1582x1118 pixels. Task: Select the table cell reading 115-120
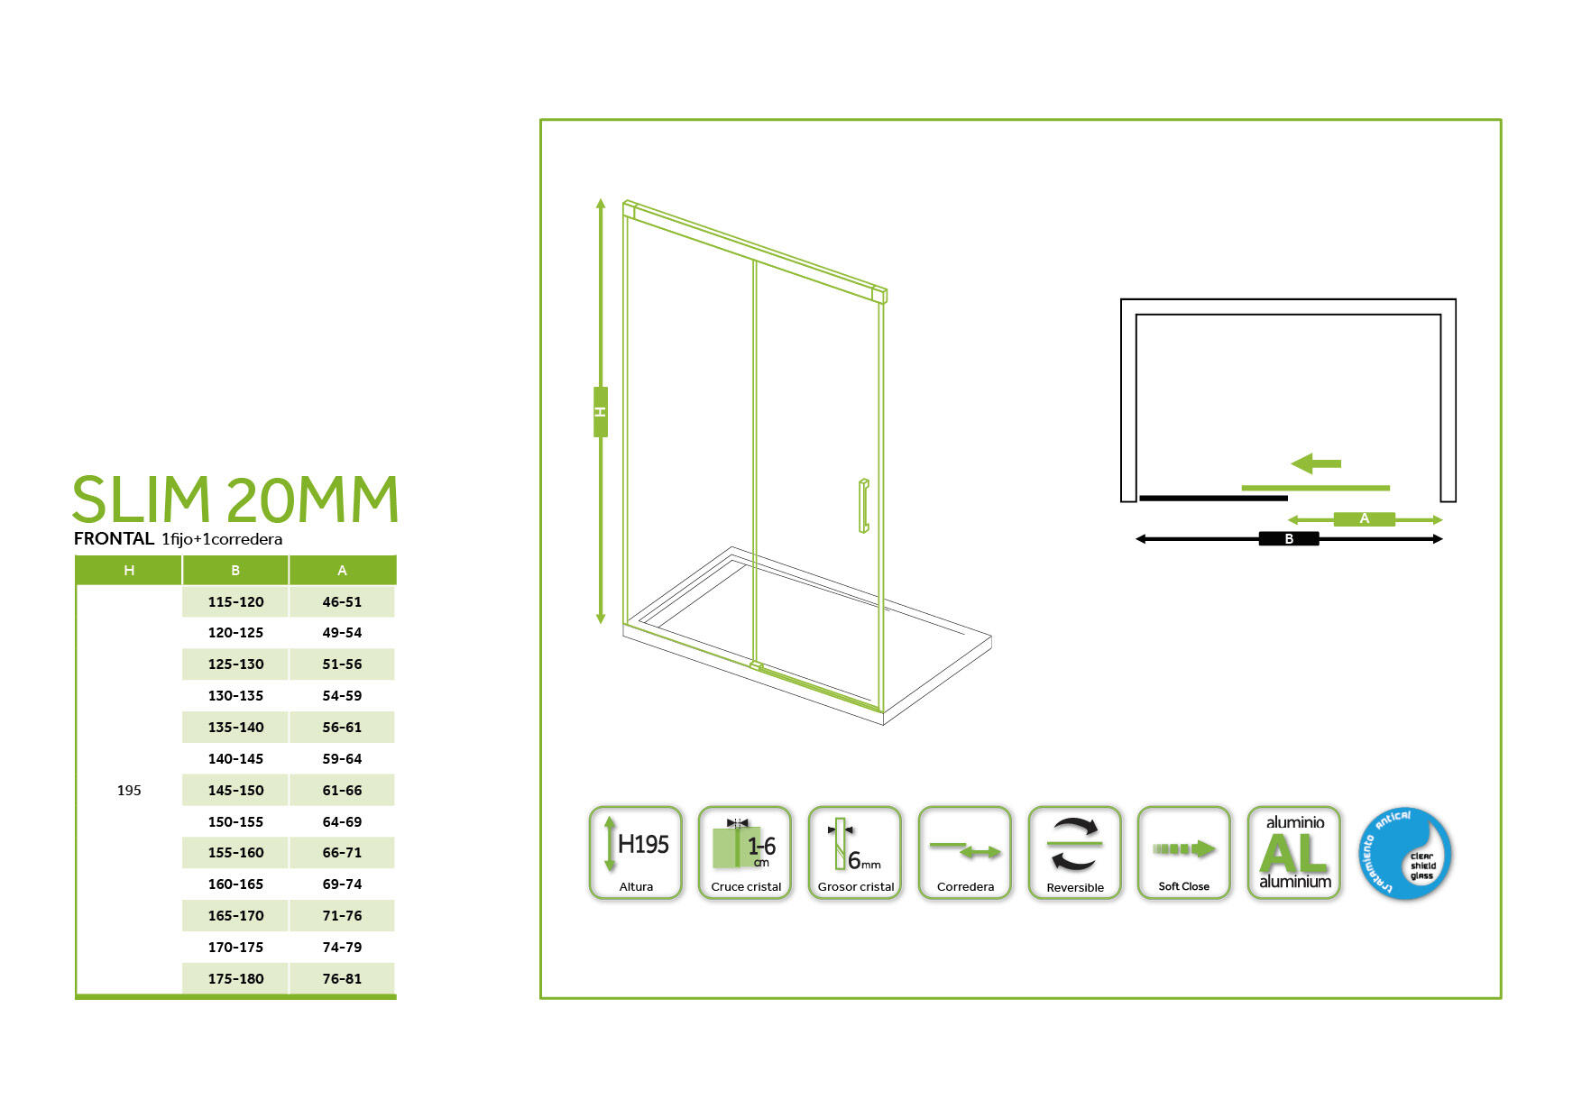click(x=235, y=601)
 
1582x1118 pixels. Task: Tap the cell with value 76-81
click(x=342, y=978)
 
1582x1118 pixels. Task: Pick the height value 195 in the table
click(x=129, y=790)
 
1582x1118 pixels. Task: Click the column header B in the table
click(x=235, y=570)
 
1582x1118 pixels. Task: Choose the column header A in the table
click(x=342, y=570)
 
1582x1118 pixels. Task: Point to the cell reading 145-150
click(x=235, y=790)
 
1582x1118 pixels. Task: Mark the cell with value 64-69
click(x=342, y=821)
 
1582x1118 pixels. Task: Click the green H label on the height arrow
click(x=601, y=412)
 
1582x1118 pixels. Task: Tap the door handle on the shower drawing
click(x=863, y=506)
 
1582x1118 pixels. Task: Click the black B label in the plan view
click(x=1289, y=539)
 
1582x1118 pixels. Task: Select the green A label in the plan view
click(x=1364, y=519)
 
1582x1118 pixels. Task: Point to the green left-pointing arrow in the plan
click(x=1316, y=463)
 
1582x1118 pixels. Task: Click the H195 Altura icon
click(x=636, y=853)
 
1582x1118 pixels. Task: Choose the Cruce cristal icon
click(x=745, y=853)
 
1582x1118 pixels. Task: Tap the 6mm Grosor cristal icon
click(x=855, y=853)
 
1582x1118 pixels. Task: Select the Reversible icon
click(x=1074, y=853)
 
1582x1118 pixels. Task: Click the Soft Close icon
click(x=1183, y=853)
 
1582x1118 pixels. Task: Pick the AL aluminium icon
click(x=1294, y=853)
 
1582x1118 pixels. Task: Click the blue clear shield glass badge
click(x=1405, y=854)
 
